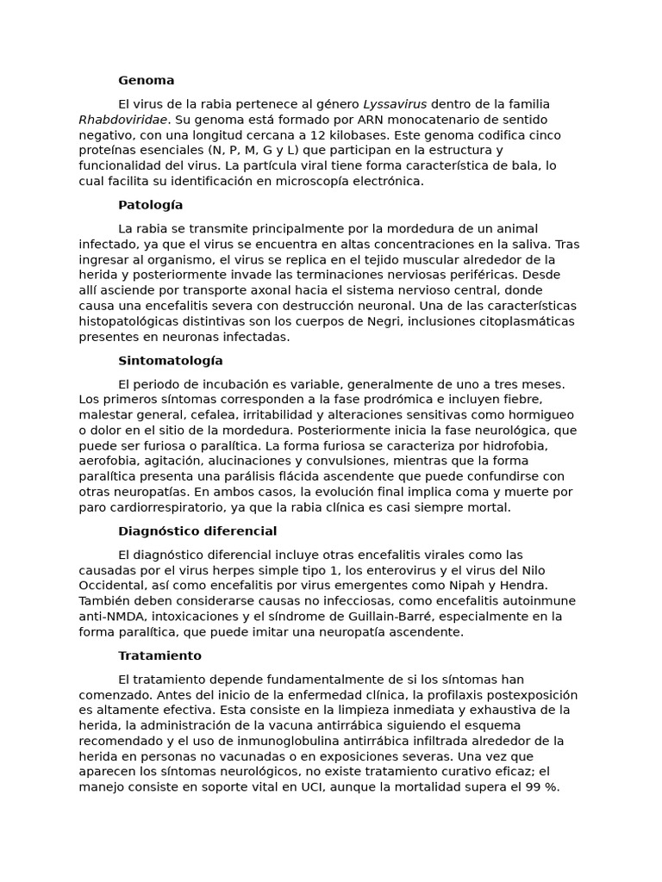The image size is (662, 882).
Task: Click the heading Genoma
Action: (x=146, y=80)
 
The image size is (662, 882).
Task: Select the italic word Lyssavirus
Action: (x=395, y=104)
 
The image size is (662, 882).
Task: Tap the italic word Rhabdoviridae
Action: (x=123, y=120)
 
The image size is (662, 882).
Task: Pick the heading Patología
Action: (x=150, y=205)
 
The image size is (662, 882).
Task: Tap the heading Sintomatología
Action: (x=170, y=361)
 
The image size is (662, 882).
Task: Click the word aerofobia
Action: (x=110, y=462)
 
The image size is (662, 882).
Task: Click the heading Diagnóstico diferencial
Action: (x=197, y=531)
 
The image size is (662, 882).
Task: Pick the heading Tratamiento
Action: (x=159, y=656)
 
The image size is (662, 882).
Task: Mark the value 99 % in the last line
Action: (x=540, y=787)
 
